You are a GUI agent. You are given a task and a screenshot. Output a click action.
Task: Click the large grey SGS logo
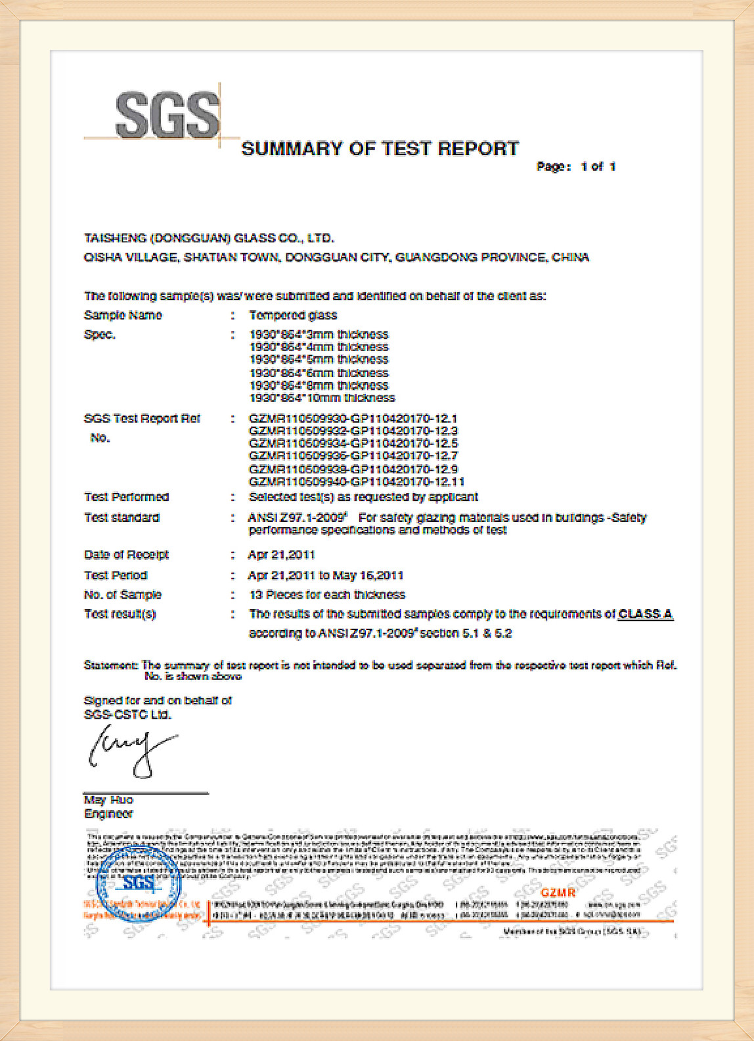(167, 115)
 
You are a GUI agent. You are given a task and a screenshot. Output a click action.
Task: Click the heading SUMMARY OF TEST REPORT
(380, 148)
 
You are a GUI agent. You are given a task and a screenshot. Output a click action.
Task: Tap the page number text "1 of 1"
(598, 167)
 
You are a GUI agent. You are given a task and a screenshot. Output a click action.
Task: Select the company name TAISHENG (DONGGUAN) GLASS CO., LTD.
(209, 238)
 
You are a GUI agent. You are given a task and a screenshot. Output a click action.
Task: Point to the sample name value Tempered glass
(293, 315)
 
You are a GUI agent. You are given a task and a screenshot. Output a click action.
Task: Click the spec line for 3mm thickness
(319, 334)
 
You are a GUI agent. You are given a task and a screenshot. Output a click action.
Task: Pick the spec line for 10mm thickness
(322, 398)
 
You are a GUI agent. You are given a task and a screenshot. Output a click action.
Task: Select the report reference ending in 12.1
(353, 418)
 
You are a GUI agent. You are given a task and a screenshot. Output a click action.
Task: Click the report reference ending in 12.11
(357, 481)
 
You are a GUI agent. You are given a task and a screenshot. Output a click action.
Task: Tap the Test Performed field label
(126, 497)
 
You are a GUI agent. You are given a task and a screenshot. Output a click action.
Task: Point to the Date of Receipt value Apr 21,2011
(281, 555)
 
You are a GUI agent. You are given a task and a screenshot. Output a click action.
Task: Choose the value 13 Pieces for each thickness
(327, 595)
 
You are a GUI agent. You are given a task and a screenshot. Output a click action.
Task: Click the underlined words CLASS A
(645, 614)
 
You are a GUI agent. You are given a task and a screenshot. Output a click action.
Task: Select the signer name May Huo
(108, 800)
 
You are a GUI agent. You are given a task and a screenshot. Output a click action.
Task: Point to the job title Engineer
(108, 814)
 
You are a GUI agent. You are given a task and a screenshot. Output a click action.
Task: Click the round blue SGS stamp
(139, 886)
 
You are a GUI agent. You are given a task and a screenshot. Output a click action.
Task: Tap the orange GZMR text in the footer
(558, 893)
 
